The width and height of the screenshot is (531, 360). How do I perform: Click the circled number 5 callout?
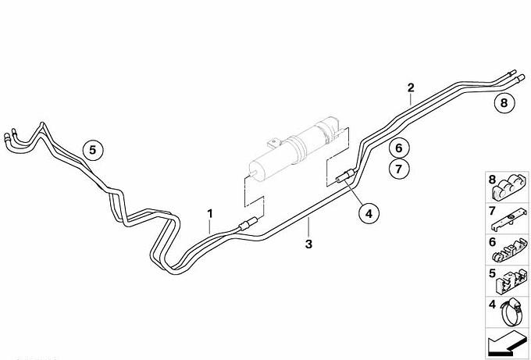point(93,150)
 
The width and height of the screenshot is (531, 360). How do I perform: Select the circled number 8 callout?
point(504,102)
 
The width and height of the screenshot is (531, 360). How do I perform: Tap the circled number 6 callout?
point(399,148)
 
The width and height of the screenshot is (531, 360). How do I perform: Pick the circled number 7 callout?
point(399,169)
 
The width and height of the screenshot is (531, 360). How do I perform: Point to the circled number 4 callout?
point(369,214)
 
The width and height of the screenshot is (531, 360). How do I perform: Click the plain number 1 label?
point(210,214)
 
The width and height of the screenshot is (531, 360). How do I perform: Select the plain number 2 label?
point(411,87)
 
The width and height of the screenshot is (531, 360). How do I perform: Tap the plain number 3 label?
point(308,244)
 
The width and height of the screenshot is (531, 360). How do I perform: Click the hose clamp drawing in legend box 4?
point(512,312)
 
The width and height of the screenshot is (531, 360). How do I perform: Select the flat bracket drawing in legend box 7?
point(509,220)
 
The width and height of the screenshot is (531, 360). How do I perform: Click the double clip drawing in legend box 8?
point(509,189)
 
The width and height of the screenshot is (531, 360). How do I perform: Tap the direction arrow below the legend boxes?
point(507,342)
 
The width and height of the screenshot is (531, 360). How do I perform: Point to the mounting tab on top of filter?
point(274,143)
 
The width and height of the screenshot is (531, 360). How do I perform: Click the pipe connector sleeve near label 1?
point(248,224)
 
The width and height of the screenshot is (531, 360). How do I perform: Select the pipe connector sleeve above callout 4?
point(345,176)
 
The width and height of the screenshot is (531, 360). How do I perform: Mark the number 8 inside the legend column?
point(492,180)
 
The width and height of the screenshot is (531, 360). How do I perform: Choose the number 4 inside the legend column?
point(492,305)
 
